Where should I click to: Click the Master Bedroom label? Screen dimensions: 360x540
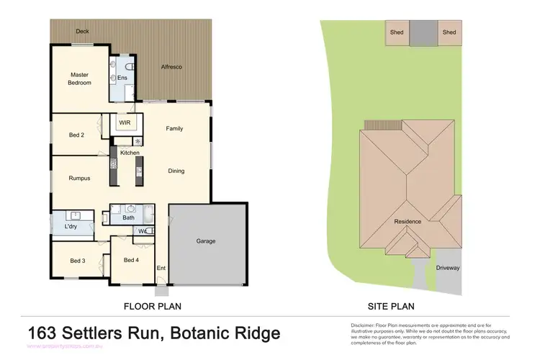pyautogui.click(x=80, y=78)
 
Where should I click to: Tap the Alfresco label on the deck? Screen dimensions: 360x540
pyautogui.click(x=171, y=67)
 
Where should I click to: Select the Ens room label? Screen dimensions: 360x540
pyautogui.click(x=123, y=78)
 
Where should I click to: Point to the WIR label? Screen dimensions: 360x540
pyautogui.click(x=124, y=122)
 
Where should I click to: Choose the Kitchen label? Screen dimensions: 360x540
pyautogui.click(x=130, y=153)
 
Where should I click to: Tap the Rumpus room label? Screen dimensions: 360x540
pyautogui.click(x=79, y=179)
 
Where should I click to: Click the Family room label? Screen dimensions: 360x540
pyautogui.click(x=174, y=129)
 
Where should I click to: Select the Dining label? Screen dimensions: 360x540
pyautogui.click(x=176, y=171)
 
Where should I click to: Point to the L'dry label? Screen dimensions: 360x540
pyautogui.click(x=71, y=227)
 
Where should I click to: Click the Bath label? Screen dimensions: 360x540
pyautogui.click(x=128, y=217)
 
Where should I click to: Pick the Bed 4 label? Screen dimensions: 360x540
pyautogui.click(x=131, y=260)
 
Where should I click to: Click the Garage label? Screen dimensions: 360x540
pyautogui.click(x=206, y=241)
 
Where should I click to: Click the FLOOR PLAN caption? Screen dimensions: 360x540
pyautogui.click(x=152, y=306)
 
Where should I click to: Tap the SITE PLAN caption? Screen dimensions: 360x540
pyautogui.click(x=391, y=306)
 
